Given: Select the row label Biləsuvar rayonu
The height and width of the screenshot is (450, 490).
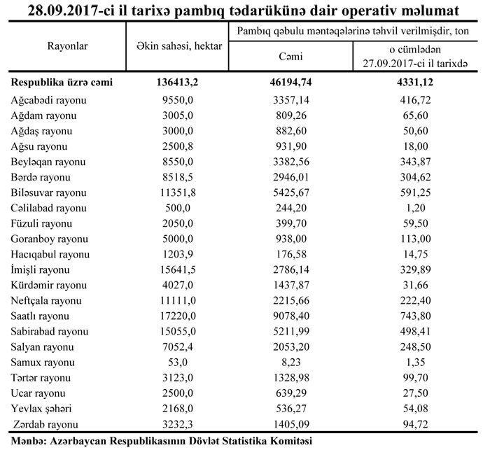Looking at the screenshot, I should (x=49, y=192).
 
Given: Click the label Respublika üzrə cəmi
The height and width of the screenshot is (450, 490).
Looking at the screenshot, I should (x=62, y=83).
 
